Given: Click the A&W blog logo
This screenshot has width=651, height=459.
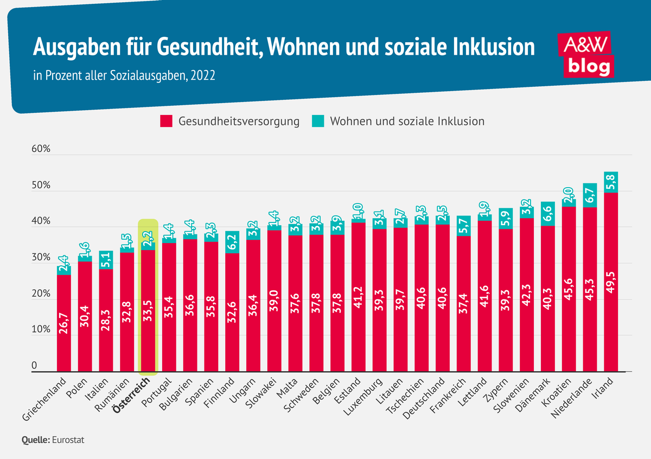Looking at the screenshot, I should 588,54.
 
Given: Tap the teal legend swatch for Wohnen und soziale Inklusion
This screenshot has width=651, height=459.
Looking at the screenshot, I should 318,122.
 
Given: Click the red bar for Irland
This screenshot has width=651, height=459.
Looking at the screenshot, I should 611,282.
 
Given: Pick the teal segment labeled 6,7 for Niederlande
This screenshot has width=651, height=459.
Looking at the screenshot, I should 590,195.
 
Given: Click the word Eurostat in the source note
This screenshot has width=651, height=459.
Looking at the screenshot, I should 68,440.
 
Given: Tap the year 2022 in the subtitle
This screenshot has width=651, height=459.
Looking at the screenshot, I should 203,75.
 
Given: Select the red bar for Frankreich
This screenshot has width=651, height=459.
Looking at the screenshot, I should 464,304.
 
